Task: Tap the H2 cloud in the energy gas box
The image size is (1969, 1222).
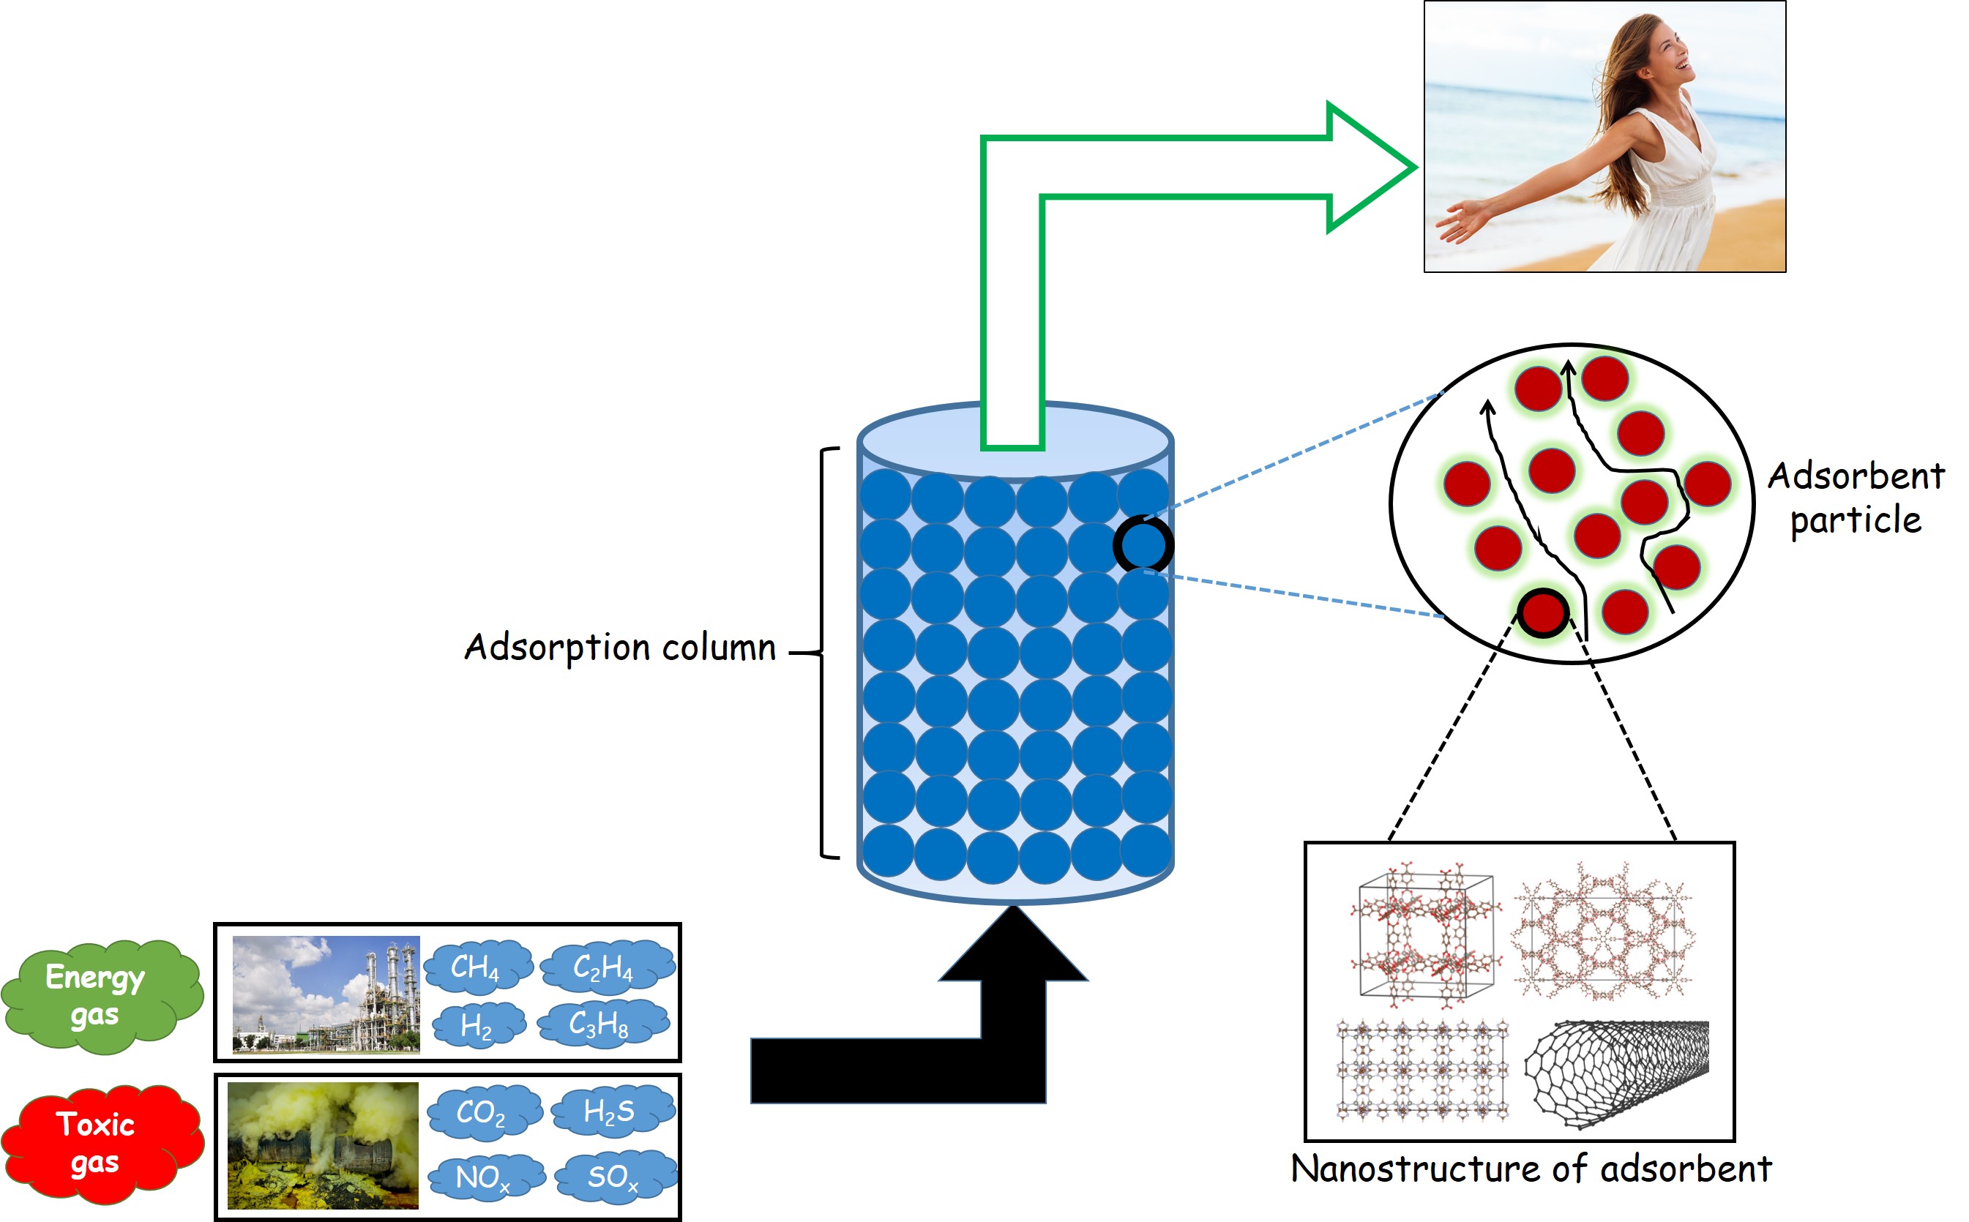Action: [x=478, y=1026]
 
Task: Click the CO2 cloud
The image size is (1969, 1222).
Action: [x=482, y=1112]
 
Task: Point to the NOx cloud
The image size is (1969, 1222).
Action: [x=483, y=1177]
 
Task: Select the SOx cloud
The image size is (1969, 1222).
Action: [x=613, y=1177]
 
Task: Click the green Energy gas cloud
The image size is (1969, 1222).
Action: [x=98, y=996]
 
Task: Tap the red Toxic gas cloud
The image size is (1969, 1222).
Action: [x=98, y=1143]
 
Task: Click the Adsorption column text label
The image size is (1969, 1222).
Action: [x=621, y=648]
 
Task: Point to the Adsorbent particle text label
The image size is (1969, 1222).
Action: [x=1856, y=498]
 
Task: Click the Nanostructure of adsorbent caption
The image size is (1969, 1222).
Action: [x=1531, y=1169]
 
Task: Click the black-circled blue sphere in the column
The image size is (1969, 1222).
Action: [x=1143, y=544]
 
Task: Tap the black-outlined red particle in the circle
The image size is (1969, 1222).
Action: [x=1543, y=612]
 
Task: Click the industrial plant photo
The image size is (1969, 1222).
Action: [x=326, y=994]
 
